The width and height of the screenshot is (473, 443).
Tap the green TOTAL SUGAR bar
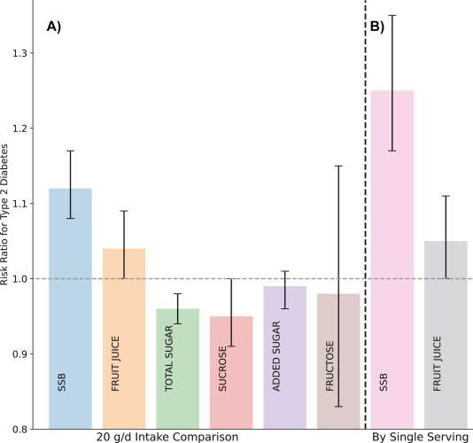coord(178,363)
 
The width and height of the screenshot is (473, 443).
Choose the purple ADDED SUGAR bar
coord(285,354)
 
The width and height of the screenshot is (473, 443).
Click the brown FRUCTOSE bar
coord(338,359)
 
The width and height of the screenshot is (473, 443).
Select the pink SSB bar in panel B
coord(392,257)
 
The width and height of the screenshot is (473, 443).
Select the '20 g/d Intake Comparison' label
coord(167,437)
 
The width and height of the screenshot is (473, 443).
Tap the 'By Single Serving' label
coord(419,437)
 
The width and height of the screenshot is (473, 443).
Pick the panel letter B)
coord(377,27)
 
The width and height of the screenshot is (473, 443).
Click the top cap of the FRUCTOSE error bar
coord(338,166)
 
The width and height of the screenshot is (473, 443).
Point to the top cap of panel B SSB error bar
coord(392,15)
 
